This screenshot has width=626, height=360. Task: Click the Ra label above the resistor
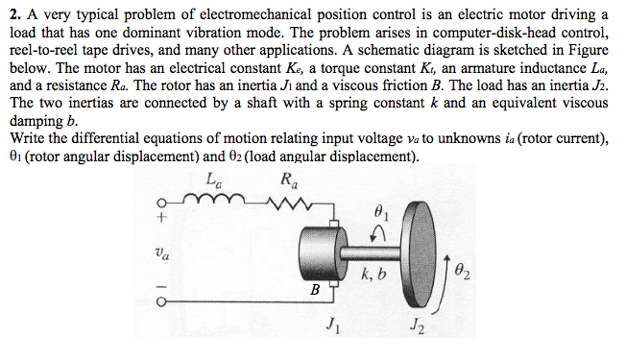(x=287, y=180)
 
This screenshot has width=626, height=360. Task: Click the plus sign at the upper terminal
(x=163, y=219)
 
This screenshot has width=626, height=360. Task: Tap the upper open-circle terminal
(x=163, y=204)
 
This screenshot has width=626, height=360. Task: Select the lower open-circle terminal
(x=163, y=301)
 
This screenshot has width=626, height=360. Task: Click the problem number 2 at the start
(x=12, y=13)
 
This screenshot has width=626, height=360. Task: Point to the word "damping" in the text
(x=37, y=122)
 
